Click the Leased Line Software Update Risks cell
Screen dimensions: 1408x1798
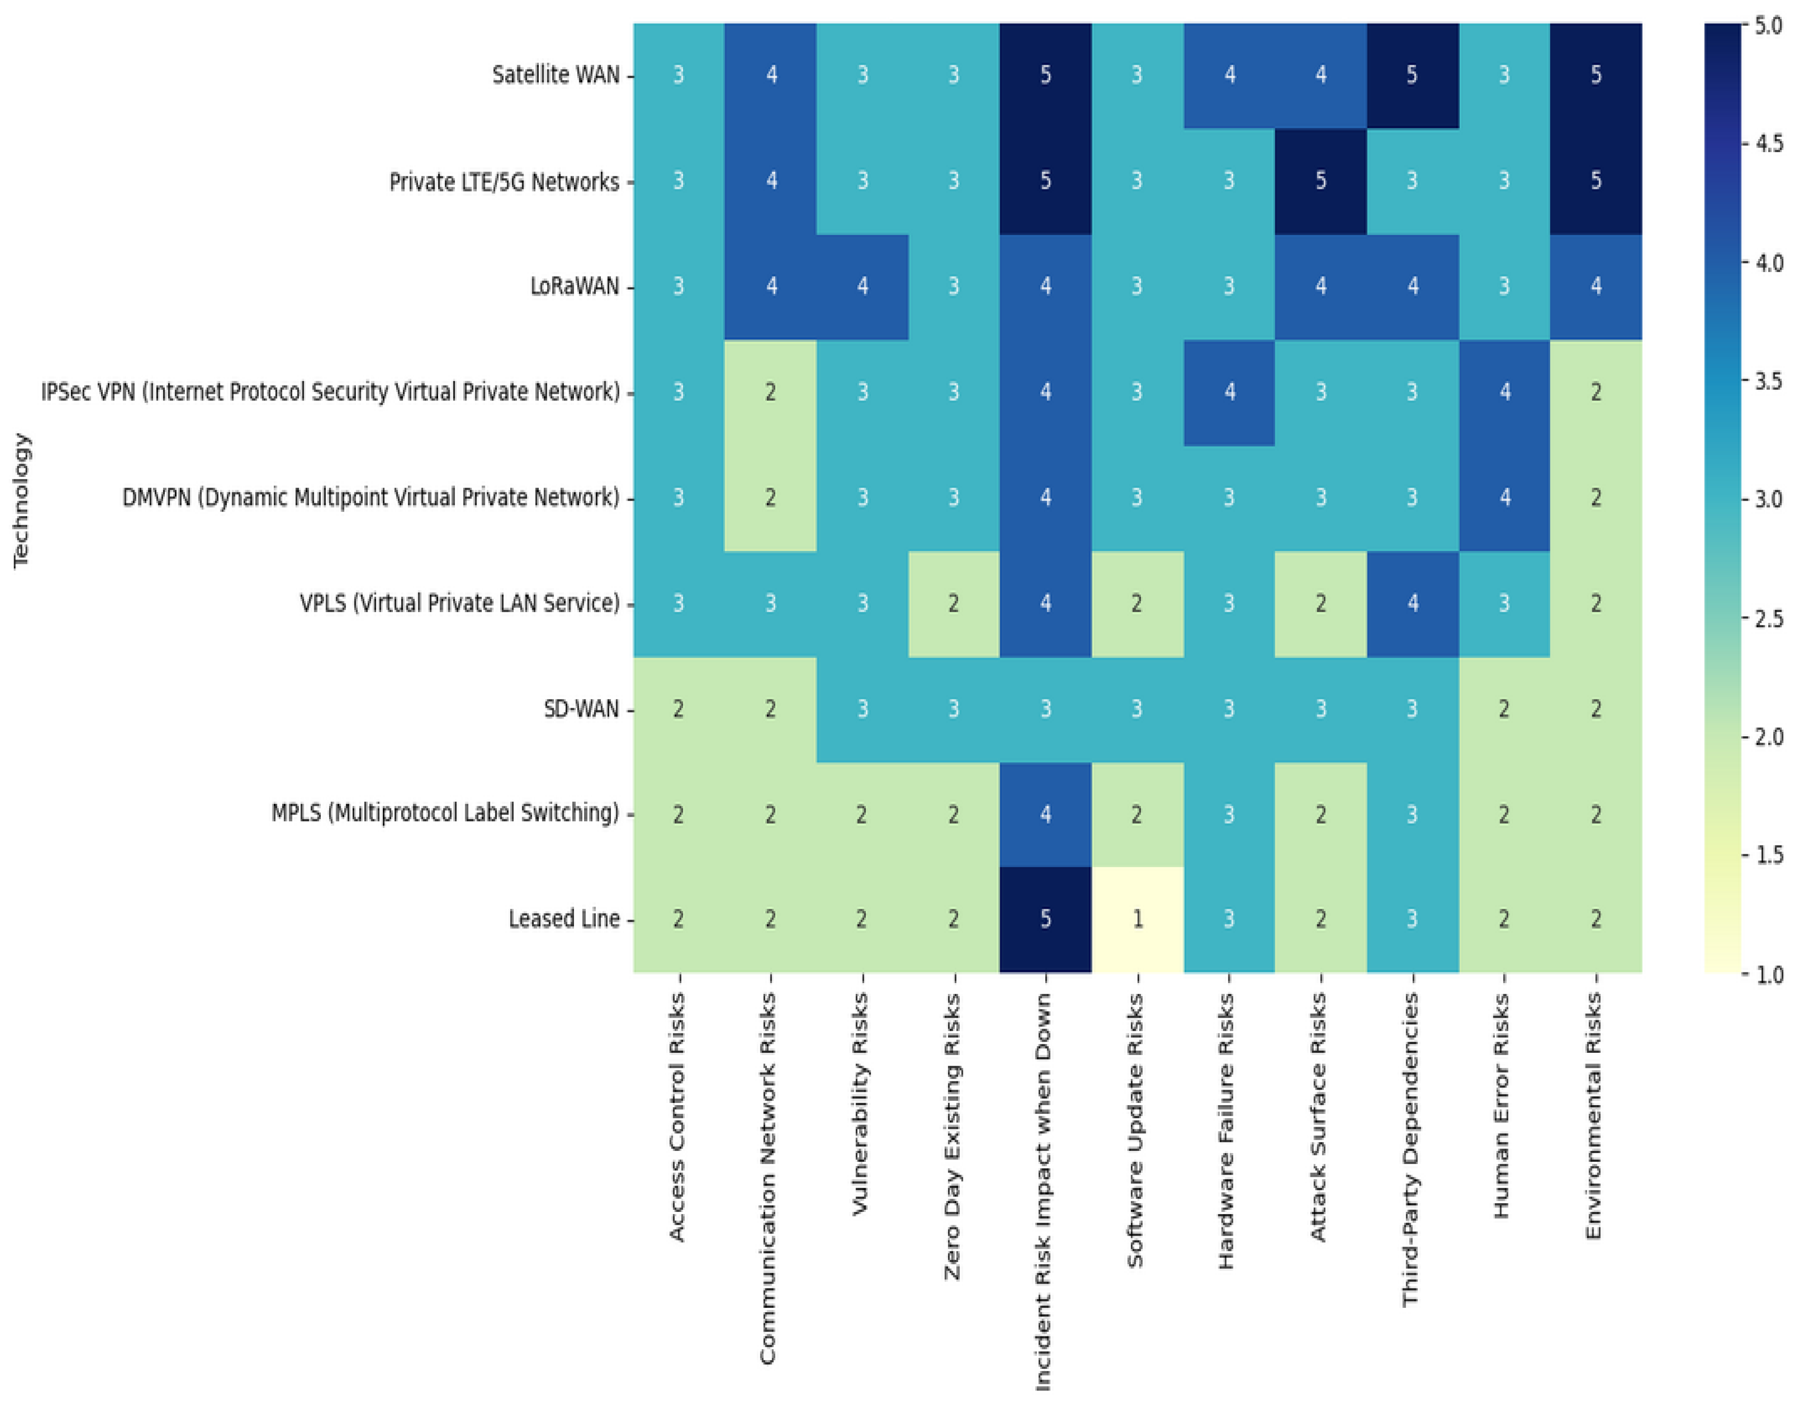1137,919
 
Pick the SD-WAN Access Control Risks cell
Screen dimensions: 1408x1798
678,709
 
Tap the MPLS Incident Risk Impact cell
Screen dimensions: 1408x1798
1045,815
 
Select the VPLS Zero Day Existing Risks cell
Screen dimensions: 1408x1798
953,604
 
